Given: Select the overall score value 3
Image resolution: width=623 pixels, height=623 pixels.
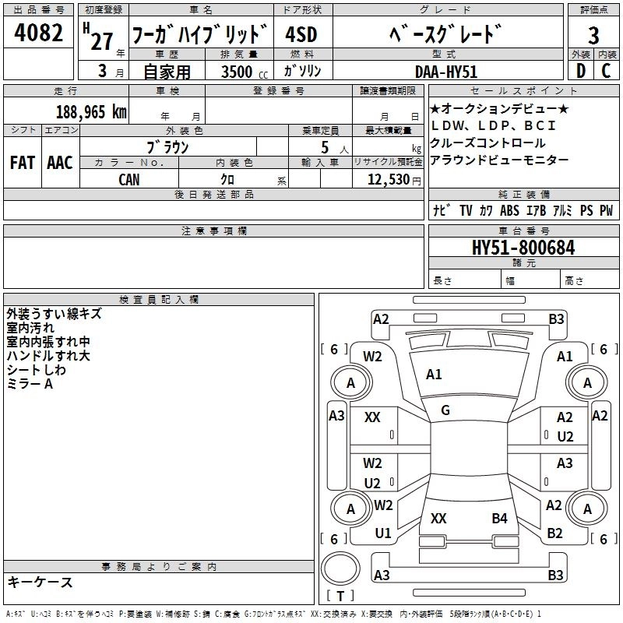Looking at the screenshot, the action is point(593,36).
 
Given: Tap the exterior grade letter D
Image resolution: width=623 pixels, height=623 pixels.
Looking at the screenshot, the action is point(580,71).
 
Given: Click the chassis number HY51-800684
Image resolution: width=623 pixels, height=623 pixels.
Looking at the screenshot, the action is point(523,248).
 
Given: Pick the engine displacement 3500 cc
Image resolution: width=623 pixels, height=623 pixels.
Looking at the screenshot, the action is point(241,72).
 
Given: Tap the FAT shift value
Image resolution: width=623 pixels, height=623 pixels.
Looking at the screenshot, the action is point(22,163).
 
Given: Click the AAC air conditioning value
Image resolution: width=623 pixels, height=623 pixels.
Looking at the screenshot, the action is point(60,163).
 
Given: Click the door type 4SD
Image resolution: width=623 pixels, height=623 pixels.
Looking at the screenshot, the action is point(301,35).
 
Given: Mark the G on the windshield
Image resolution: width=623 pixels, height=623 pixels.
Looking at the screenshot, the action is point(445,410).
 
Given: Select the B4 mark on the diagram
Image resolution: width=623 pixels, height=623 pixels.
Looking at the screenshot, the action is point(499,518).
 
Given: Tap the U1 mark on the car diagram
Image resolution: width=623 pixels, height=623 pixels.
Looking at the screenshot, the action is point(382,533).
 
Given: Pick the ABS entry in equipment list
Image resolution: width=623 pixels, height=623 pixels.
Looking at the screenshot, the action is point(509,211).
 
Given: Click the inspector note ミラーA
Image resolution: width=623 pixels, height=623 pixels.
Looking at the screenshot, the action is point(30,384).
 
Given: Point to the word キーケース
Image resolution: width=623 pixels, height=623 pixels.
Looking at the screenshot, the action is point(40,583).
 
